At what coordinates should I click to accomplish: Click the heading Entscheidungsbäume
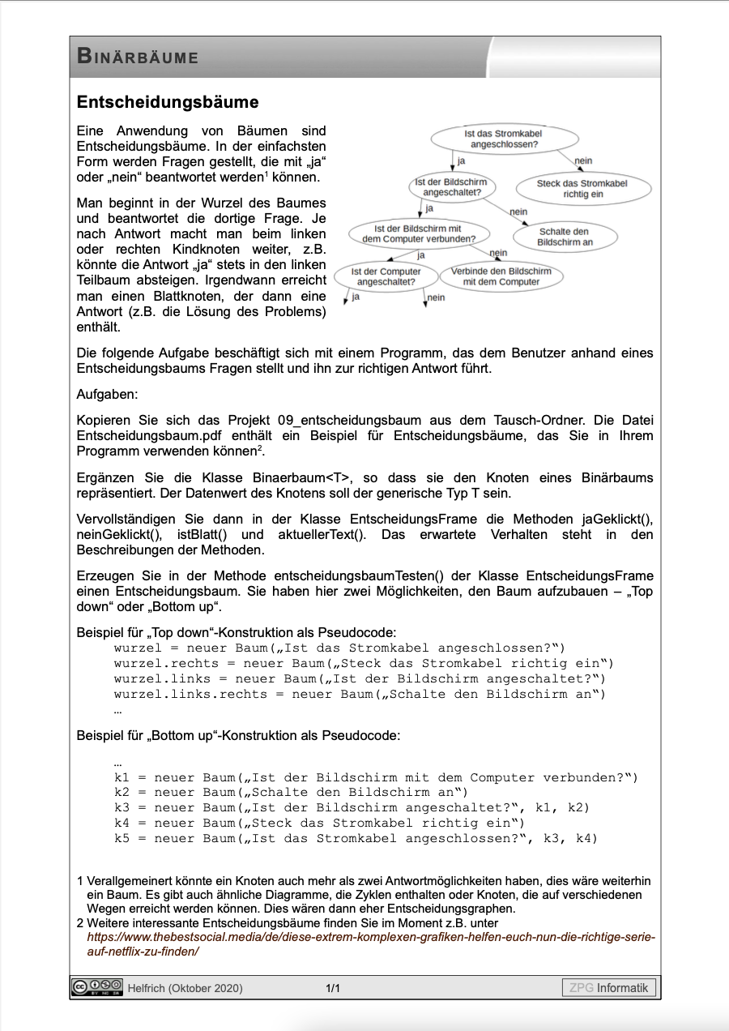(168, 103)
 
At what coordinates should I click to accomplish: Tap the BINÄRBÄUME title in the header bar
(138, 58)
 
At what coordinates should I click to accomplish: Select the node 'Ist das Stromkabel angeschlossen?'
(504, 139)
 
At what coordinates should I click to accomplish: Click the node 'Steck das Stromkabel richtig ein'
(582, 189)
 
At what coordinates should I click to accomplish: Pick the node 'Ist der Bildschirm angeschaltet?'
(450, 187)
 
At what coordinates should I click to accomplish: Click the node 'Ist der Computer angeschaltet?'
(386, 276)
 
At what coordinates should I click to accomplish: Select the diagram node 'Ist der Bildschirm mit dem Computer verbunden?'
(417, 234)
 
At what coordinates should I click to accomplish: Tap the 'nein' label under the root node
(583, 161)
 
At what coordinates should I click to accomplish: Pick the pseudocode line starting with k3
(352, 807)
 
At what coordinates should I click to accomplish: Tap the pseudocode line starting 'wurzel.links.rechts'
(360, 694)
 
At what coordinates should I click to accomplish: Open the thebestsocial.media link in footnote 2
(370, 944)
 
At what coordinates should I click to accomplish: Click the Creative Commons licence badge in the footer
(96, 987)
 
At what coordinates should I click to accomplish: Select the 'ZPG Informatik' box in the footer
(609, 987)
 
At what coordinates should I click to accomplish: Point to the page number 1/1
(333, 988)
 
